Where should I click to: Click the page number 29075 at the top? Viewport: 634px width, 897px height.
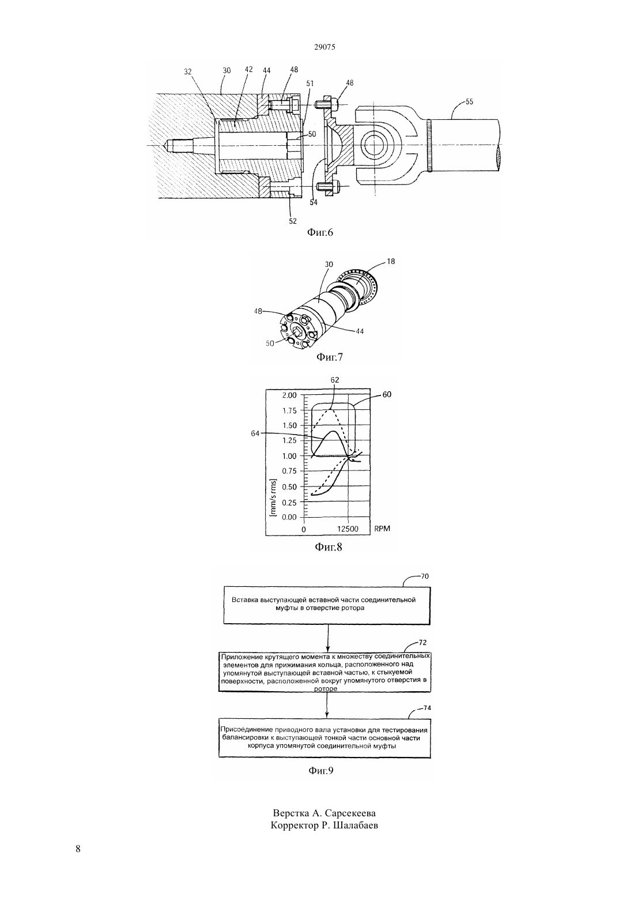[324, 47]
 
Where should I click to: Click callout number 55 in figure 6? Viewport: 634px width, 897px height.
[469, 101]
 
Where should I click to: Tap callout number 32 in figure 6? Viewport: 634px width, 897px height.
[188, 71]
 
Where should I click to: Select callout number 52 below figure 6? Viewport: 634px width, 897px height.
[293, 221]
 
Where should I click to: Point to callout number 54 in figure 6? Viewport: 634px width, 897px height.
[314, 202]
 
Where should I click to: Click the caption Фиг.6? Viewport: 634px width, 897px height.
[320, 232]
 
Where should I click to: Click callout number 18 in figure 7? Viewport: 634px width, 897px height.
[391, 261]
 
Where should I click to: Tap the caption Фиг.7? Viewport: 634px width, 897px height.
[330, 357]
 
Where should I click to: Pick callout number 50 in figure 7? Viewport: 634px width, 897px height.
[270, 343]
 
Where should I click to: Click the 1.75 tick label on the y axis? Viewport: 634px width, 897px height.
[289, 410]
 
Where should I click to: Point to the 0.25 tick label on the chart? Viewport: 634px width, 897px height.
[289, 502]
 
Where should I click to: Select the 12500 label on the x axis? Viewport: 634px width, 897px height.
[348, 529]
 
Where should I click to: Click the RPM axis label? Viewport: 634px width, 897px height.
[382, 529]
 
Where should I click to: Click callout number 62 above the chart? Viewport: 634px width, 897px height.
[335, 380]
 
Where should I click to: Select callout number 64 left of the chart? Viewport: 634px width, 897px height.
[255, 434]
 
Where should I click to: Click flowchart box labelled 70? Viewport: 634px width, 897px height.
[327, 605]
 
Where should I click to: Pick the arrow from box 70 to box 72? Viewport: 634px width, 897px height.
[327, 638]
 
